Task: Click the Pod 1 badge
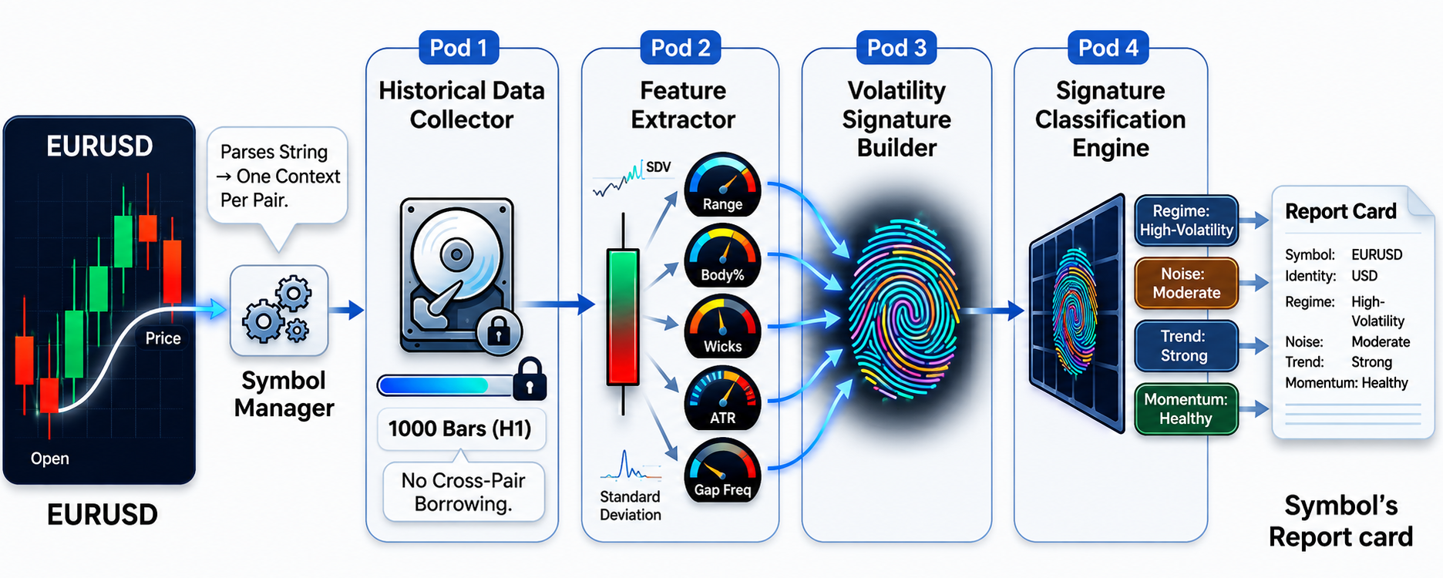[x=459, y=48]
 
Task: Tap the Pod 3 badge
[x=896, y=48]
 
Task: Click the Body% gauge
[x=722, y=257]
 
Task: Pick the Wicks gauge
[x=722, y=328]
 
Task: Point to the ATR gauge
[x=722, y=398]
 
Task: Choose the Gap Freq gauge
[x=722, y=471]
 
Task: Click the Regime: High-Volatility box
[x=1186, y=220]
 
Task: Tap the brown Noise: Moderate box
[x=1186, y=283]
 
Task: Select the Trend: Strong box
[x=1186, y=346]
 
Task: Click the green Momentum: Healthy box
[x=1186, y=408]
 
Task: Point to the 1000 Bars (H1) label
[x=460, y=428]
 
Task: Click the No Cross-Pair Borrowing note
[x=463, y=492]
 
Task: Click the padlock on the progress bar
[x=530, y=378]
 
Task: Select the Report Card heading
[x=1340, y=211]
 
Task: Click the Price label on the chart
[x=163, y=338]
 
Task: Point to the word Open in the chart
[x=50, y=459]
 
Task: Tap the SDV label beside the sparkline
[x=658, y=167]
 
